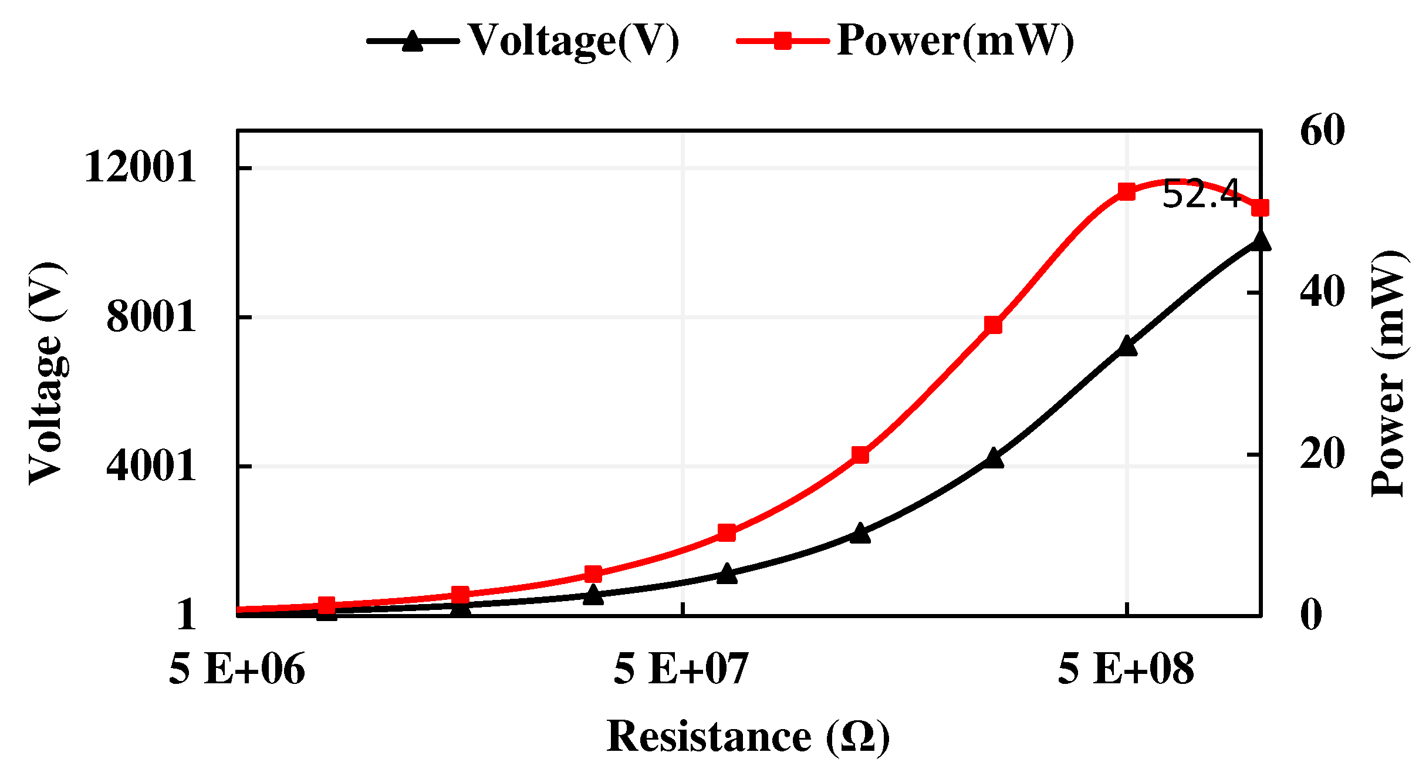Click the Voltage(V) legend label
coord(574,41)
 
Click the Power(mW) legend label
coord(955,41)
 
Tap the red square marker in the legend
coord(783,41)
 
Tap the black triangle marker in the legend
coord(413,41)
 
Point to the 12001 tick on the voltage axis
coord(140,167)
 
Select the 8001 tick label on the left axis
coord(151,317)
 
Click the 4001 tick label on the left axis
coord(151,466)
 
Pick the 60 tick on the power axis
coord(1322,130)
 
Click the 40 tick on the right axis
coord(1322,292)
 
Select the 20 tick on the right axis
coord(1322,454)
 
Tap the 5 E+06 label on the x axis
coord(237,669)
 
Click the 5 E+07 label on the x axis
coord(681,669)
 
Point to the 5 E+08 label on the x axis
coord(1126,669)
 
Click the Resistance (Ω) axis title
coord(748,736)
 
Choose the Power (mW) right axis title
coord(1388,373)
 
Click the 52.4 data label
coord(1200,194)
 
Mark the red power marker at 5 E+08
coord(1126,191)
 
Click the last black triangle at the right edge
coord(1260,241)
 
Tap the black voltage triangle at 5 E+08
coord(1126,346)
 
